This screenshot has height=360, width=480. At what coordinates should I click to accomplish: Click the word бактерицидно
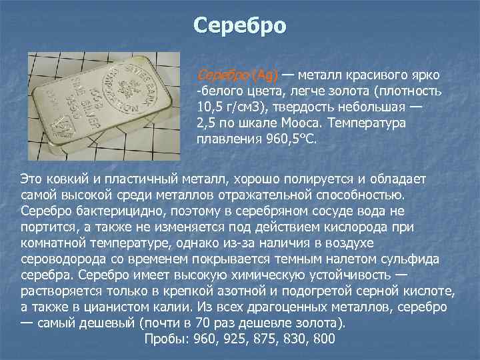pyautogui.click(x=118, y=211)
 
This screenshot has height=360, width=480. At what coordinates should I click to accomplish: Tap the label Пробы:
pyautogui.click(x=166, y=339)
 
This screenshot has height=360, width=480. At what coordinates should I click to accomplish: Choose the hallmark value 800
pyautogui.click(x=322, y=339)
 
